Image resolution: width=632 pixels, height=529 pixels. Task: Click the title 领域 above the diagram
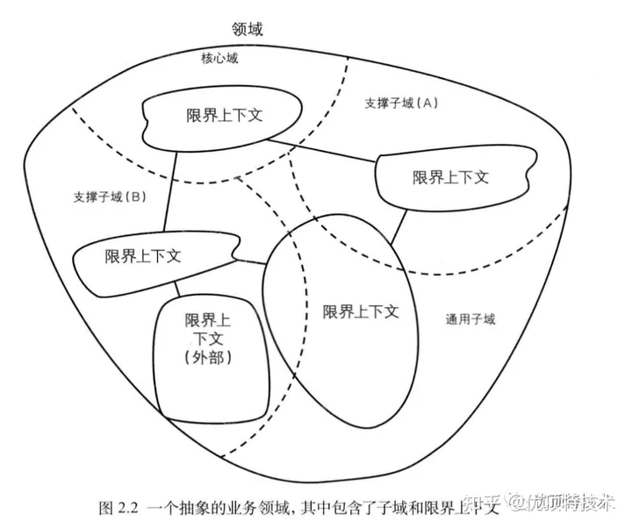click(248, 29)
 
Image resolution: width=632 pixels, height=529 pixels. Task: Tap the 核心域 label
click(219, 59)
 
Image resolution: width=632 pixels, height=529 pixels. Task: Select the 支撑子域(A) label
click(400, 103)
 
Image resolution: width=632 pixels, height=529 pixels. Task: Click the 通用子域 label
click(470, 319)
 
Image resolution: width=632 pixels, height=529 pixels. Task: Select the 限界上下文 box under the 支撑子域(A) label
click(451, 176)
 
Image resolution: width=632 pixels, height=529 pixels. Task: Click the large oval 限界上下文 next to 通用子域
click(360, 311)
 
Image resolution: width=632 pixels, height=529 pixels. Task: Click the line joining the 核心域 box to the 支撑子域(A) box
click(322, 149)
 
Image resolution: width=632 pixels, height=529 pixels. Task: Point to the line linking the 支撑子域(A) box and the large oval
click(399, 226)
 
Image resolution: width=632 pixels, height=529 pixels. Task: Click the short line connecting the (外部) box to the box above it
click(178, 289)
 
